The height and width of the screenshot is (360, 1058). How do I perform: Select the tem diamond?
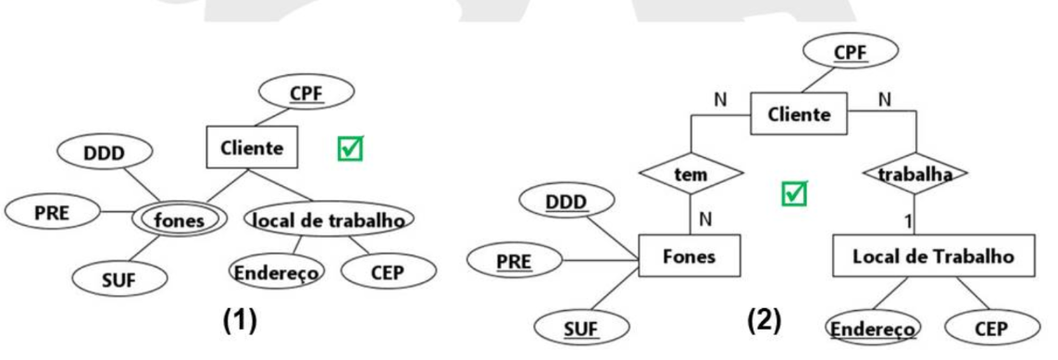tap(691, 175)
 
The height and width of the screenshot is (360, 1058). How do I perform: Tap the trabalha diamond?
tap(915, 174)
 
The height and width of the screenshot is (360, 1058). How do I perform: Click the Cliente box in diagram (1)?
tap(252, 148)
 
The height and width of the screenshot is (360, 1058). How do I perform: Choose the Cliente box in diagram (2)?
tap(799, 114)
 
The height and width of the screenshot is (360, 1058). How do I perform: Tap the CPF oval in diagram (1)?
tap(306, 91)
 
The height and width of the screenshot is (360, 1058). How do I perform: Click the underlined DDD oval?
tap(566, 202)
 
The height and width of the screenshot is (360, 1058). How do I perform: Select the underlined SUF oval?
tap(581, 329)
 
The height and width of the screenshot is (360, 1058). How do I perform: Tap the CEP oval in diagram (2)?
tap(991, 329)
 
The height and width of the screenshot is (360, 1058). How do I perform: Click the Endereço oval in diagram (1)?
tap(277, 273)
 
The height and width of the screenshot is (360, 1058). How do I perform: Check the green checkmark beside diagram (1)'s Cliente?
tap(350, 148)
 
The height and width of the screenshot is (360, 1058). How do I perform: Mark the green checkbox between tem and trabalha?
tap(793, 192)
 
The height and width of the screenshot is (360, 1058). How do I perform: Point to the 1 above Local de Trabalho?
tap(910, 220)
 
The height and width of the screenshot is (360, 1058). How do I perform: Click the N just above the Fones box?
tap(705, 219)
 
